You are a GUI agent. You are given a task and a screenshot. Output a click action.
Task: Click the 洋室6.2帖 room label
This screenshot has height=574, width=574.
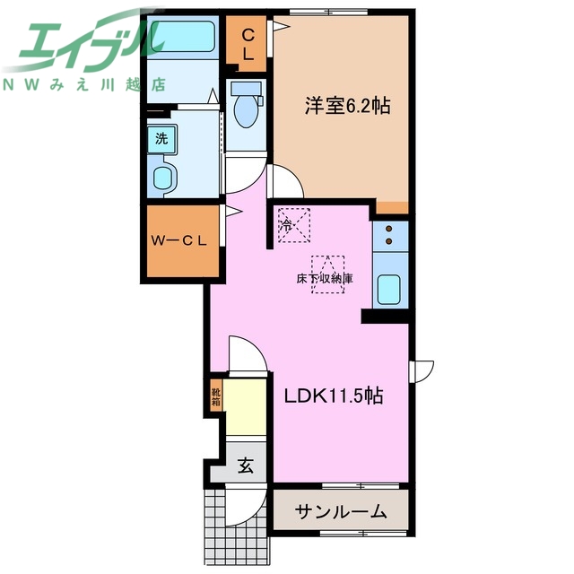[347, 106]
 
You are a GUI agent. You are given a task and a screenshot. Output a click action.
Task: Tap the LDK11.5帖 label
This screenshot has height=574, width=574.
[334, 396]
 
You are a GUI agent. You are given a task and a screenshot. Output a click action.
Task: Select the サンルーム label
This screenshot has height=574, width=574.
[341, 512]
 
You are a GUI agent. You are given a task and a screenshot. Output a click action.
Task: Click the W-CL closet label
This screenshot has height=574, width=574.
[179, 240]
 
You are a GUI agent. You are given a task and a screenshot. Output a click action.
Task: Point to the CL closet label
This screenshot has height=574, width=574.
[248, 45]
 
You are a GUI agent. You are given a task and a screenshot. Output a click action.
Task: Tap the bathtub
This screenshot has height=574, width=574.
[182, 36]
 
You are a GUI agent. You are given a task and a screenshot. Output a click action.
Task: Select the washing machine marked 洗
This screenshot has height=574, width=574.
[161, 139]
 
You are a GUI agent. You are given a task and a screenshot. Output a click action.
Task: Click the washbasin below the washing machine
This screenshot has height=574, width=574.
[162, 178]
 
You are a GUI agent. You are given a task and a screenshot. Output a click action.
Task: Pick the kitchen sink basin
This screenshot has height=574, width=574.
[388, 289]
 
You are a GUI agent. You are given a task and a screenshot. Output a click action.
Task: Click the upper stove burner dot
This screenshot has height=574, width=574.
[388, 229]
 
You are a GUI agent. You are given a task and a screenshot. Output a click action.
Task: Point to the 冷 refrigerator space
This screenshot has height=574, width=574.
[294, 225]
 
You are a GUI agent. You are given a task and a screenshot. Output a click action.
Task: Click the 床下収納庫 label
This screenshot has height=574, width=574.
[325, 279]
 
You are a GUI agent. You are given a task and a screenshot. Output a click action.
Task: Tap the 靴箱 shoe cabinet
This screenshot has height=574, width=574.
[216, 396]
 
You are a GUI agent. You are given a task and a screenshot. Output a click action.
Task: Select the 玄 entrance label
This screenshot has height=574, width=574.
[246, 465]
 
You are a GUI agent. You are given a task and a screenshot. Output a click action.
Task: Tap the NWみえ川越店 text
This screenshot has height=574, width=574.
[84, 85]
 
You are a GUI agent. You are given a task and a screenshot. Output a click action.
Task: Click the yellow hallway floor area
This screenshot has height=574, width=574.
[245, 407]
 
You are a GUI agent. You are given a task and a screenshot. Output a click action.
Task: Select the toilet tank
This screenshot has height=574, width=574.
[247, 88]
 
